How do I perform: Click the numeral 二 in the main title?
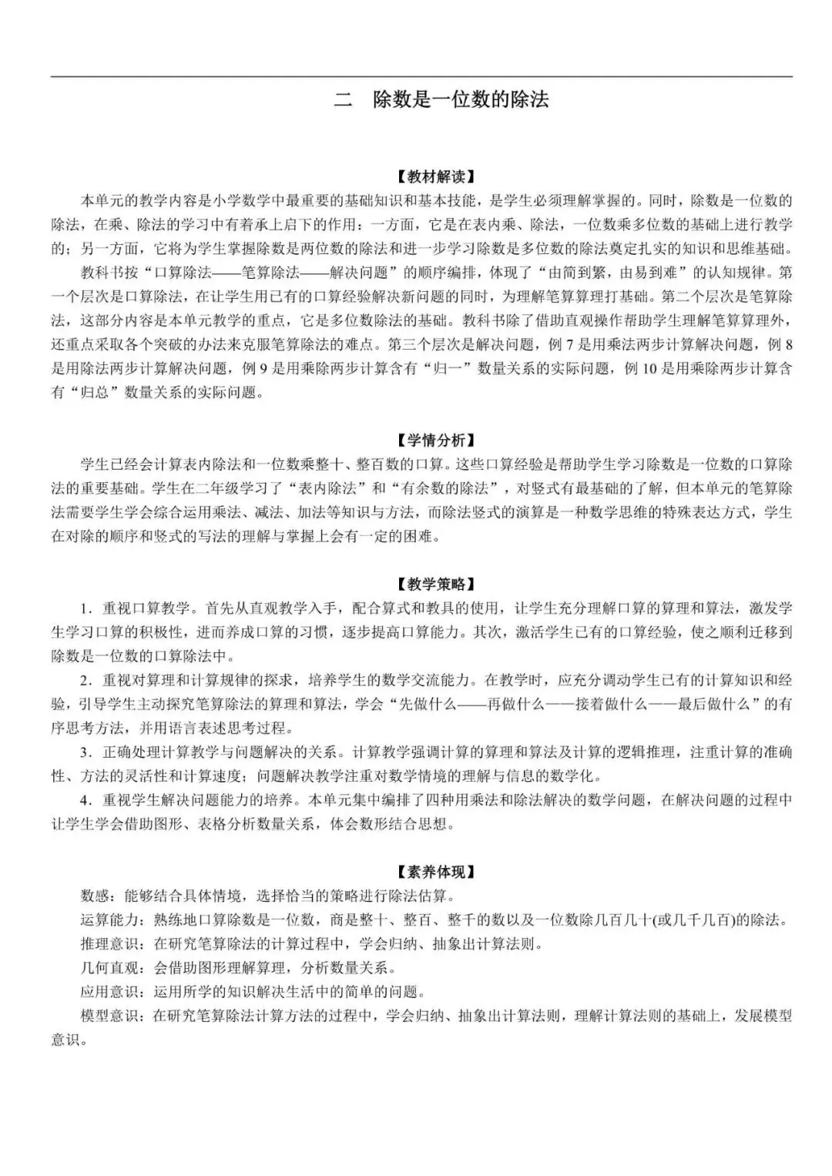click(342, 99)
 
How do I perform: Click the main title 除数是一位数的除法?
click(460, 99)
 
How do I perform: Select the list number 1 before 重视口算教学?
click(84, 608)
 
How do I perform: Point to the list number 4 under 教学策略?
click(84, 800)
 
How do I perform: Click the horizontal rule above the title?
click(421, 76)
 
